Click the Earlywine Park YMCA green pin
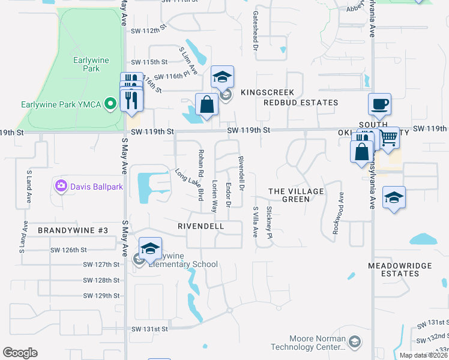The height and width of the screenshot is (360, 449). click(110, 104)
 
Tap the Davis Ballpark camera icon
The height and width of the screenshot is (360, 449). click(61, 186)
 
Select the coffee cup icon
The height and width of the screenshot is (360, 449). click(379, 104)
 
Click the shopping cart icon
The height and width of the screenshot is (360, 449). click(388, 139)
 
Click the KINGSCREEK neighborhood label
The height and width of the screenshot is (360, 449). click(267, 92)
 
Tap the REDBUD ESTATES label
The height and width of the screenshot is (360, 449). click(301, 103)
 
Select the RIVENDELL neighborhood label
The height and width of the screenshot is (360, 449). click(200, 226)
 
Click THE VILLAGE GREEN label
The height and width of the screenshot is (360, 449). click(296, 195)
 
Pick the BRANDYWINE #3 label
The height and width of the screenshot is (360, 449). click(73, 230)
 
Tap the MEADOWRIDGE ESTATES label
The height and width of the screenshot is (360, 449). click(393, 269)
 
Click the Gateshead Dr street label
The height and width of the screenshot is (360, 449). click(256, 31)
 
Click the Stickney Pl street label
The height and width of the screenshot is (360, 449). click(269, 219)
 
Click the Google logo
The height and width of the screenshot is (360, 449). click(20, 353)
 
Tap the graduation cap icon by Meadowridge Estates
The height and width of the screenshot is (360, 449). click(394, 197)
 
